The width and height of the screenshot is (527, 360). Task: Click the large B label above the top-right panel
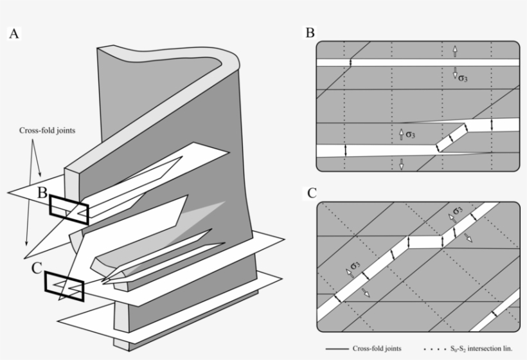click(310, 33)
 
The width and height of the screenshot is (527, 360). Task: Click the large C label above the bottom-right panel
click(311, 192)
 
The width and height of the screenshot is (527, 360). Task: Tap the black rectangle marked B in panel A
click(69, 210)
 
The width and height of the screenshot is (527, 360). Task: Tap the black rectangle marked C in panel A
click(64, 286)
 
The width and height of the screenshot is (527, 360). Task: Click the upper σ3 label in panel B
click(463, 78)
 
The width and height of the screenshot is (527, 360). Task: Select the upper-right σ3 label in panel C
click(456, 212)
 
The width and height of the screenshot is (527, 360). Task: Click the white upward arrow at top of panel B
click(454, 50)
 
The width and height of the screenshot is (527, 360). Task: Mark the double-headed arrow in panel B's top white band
click(351, 62)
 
